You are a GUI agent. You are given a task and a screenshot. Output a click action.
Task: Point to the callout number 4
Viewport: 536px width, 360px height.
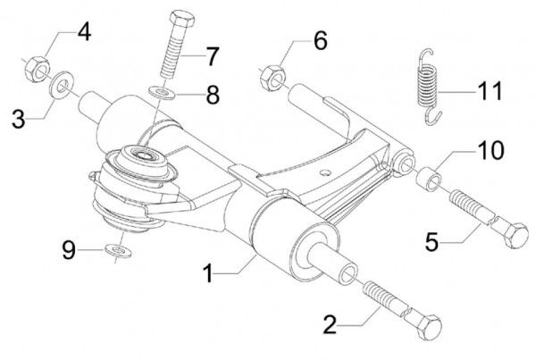point(83,34)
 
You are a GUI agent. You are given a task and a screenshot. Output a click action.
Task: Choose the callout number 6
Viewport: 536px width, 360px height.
point(320,41)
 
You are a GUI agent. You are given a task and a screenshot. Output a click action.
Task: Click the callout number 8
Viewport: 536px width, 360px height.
point(212,95)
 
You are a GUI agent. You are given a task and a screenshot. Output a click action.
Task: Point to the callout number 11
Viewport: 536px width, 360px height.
point(490,90)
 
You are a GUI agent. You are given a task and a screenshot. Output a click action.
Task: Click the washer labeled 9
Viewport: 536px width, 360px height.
point(114,251)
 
